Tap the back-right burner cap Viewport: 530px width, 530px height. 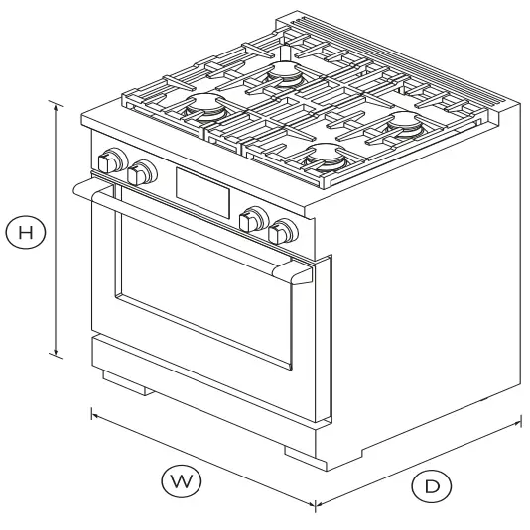pos(404,121)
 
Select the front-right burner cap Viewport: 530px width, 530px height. pos(325,156)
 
